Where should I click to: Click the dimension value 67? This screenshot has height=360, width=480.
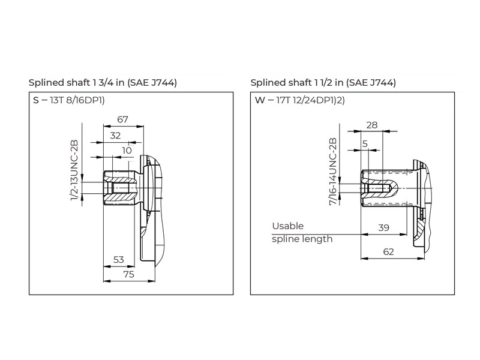(122, 119)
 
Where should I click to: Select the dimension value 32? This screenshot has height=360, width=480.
(115, 136)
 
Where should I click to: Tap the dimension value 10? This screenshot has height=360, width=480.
(127, 151)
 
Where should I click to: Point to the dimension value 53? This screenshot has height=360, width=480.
(118, 260)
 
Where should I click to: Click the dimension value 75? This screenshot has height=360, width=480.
(128, 274)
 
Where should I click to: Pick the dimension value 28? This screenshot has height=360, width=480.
(372, 125)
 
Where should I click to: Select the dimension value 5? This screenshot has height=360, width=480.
(365, 143)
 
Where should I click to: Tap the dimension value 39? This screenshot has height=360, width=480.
(383, 228)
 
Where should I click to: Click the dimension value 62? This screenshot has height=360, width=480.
(388, 251)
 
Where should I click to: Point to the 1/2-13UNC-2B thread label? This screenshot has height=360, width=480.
(74, 170)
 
